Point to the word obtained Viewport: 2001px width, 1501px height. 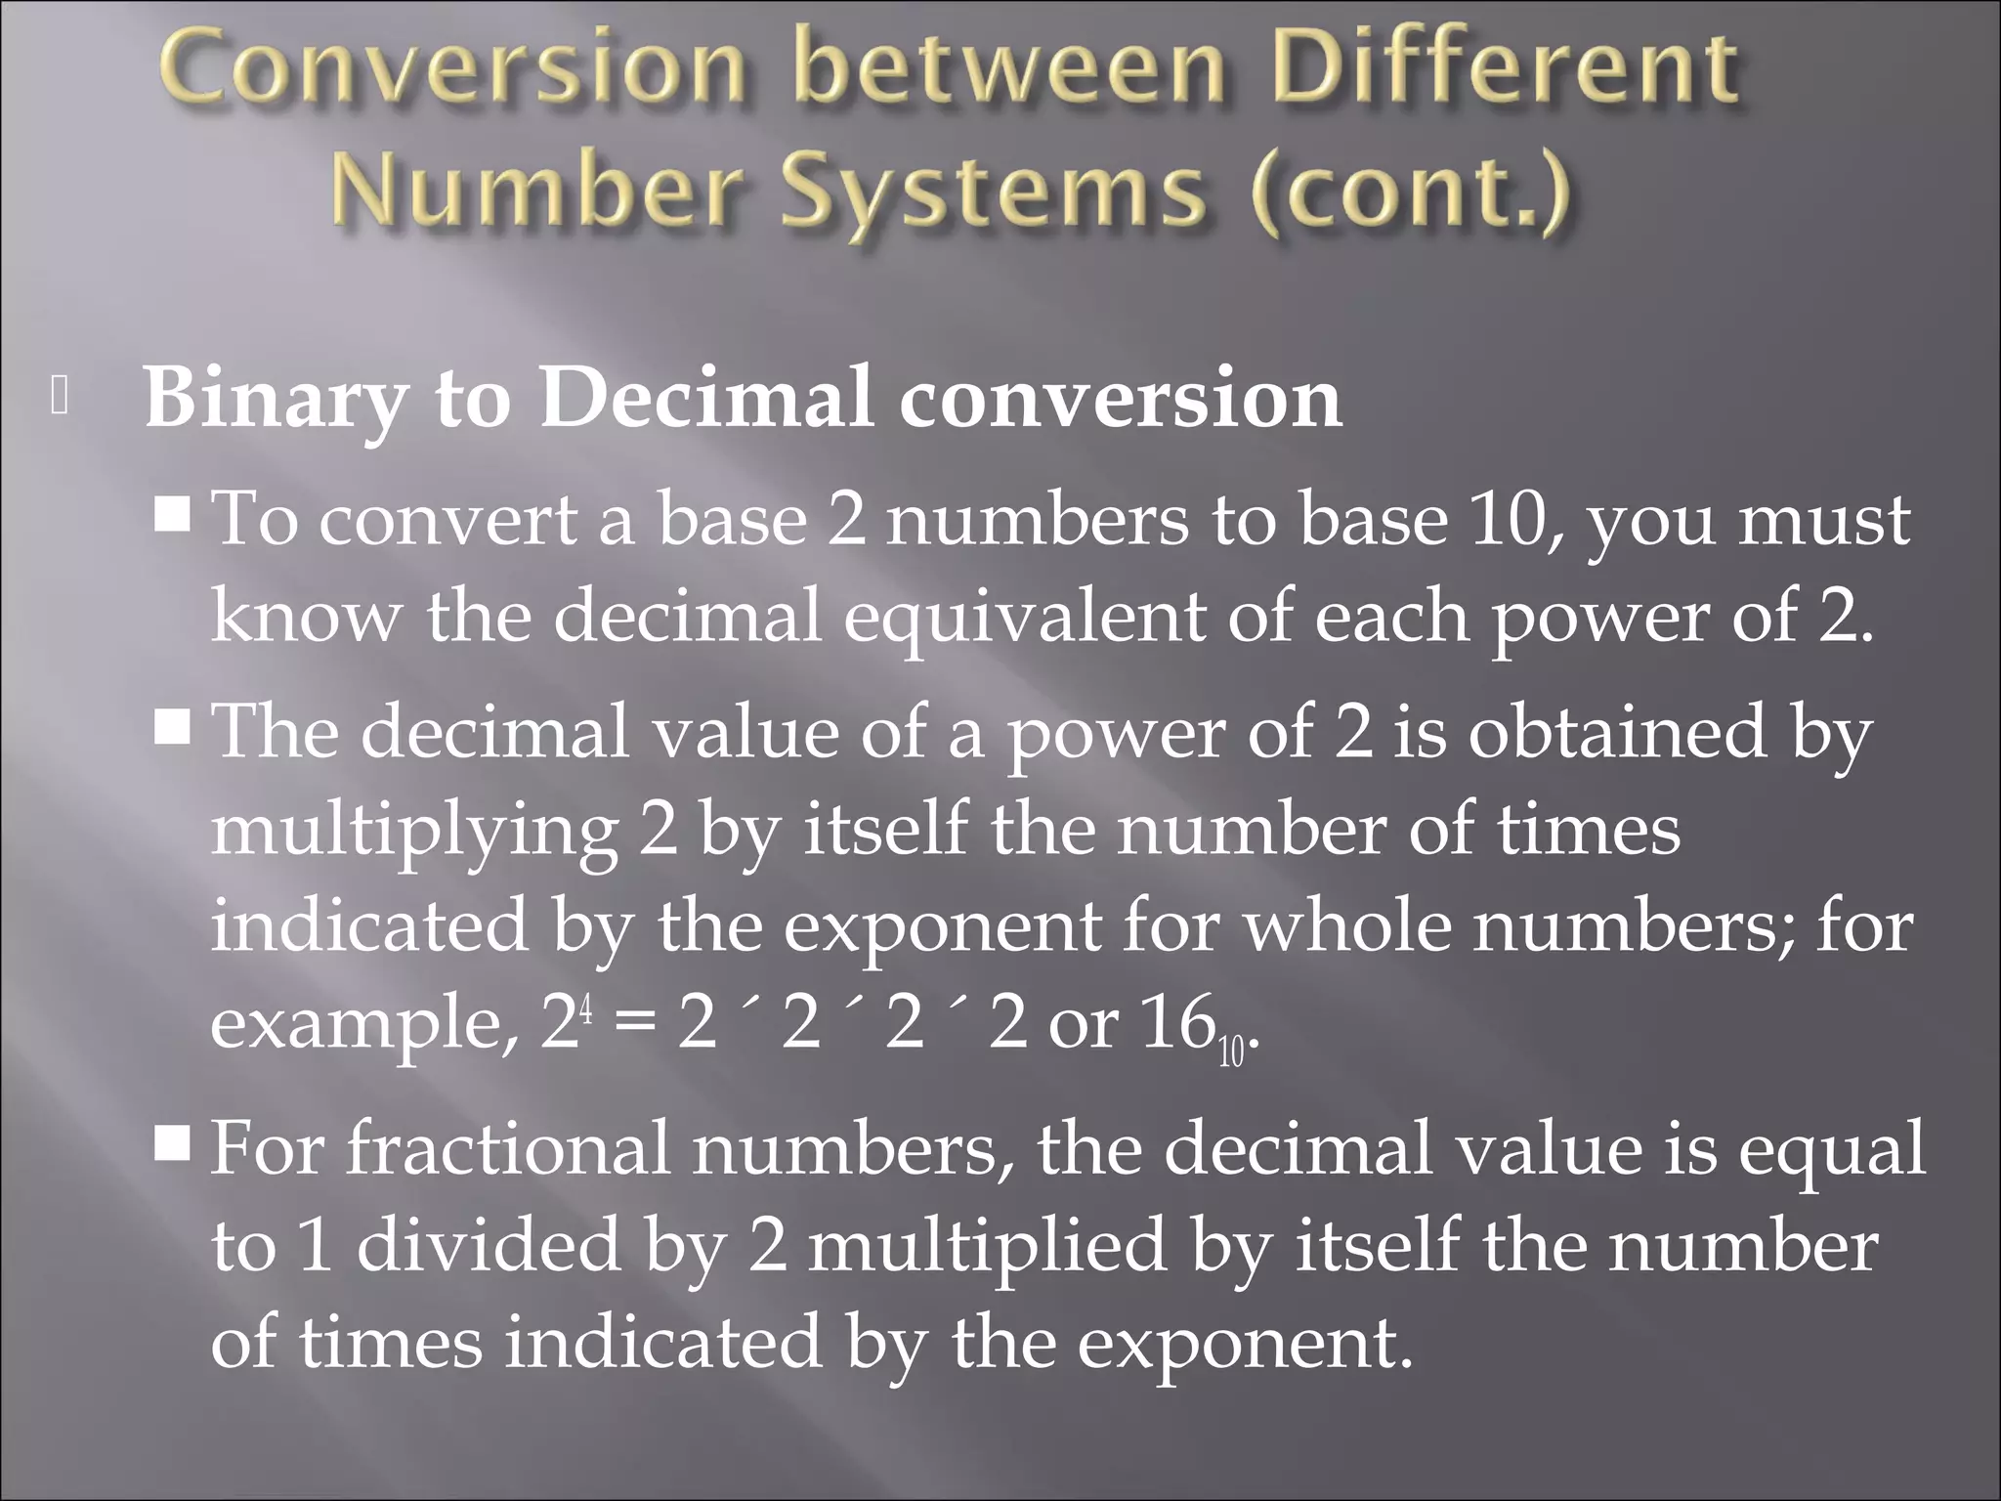click(1617, 732)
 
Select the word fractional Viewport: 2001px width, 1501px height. click(508, 1148)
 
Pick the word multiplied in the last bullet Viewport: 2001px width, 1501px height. click(987, 1246)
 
